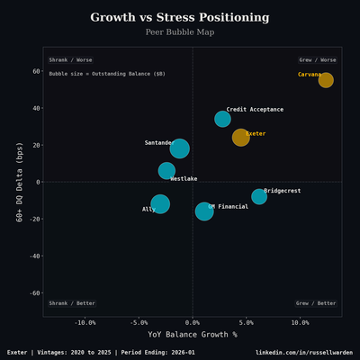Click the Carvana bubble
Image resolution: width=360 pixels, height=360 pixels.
pos(326,80)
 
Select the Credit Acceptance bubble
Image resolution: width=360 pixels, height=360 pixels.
pos(222,119)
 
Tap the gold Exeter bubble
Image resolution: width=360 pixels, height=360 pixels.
pos(240,138)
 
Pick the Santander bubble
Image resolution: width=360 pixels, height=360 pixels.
pos(180,148)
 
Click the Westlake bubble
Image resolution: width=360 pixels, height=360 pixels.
pos(166,170)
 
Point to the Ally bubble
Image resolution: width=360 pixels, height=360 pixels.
pos(160,204)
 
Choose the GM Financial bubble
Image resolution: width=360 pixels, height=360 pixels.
pos(204,211)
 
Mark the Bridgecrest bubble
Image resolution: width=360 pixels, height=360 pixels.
pos(259,196)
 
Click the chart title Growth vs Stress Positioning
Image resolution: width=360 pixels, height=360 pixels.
pos(180,17)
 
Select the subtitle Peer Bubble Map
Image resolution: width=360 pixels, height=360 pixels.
pos(180,32)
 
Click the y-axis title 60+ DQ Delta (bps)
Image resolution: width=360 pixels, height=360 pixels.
pos(19,182)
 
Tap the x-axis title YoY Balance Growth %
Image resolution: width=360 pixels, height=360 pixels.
pos(192,334)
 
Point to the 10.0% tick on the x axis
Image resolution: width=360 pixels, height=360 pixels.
pos(300,322)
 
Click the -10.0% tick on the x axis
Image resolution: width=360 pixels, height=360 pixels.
pos(85,322)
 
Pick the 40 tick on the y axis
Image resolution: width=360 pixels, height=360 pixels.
pos(36,108)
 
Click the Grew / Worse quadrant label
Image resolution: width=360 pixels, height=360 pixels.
pos(318,60)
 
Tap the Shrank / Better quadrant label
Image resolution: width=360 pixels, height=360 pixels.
pos(72,303)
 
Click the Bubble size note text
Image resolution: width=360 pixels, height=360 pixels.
pos(94,74)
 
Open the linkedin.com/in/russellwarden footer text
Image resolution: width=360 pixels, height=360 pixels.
pos(303,352)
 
